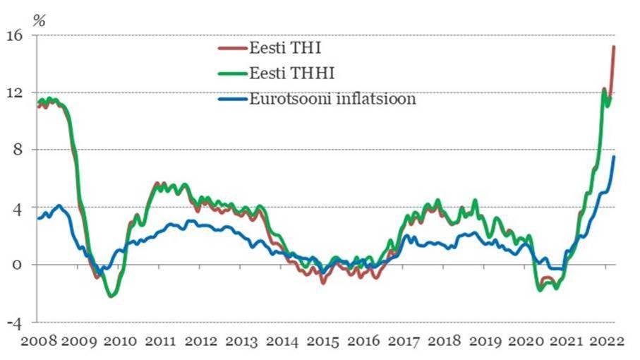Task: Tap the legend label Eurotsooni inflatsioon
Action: (x=332, y=99)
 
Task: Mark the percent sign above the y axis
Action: (x=40, y=19)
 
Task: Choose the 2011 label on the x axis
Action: (x=162, y=342)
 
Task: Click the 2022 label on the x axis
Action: (x=608, y=342)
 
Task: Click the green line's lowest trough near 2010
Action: (x=111, y=296)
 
